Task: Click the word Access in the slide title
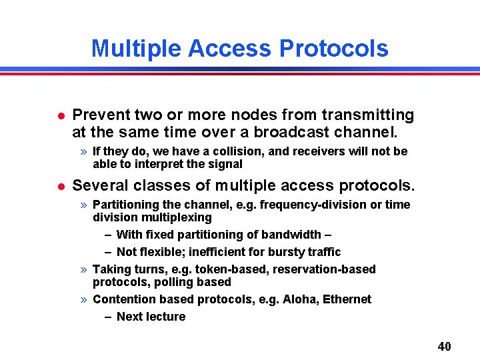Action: point(230,49)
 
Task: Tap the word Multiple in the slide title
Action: point(136,49)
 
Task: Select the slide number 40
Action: point(444,346)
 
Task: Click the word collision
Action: point(238,151)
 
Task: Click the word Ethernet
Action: point(347,299)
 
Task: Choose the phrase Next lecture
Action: point(151,317)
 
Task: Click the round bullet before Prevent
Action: point(60,116)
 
